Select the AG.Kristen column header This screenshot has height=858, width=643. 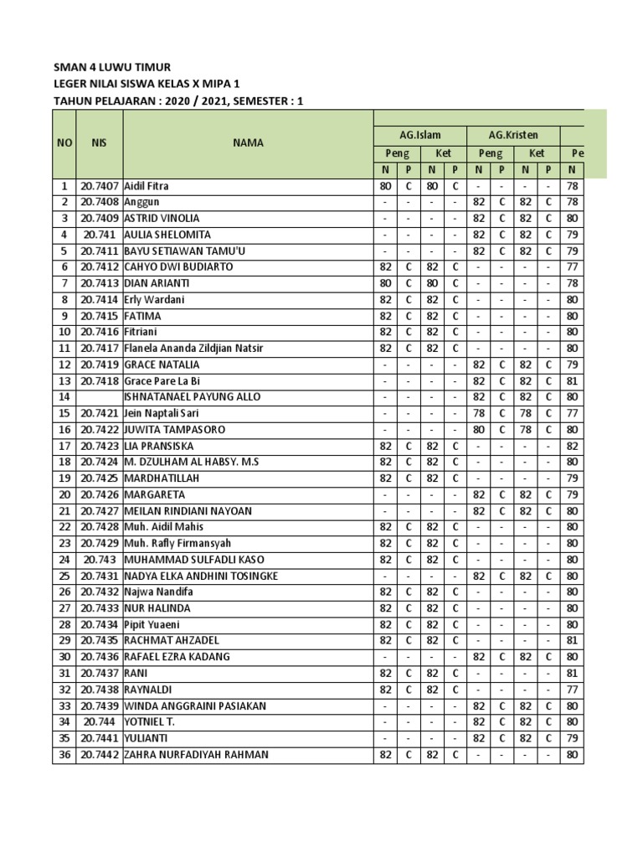(x=513, y=134)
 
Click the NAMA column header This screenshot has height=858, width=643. (x=249, y=143)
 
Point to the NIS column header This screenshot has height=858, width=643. (x=99, y=143)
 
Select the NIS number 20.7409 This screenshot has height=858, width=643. (x=99, y=219)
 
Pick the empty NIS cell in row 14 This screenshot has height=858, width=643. (x=99, y=397)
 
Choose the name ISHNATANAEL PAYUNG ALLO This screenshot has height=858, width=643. (x=192, y=397)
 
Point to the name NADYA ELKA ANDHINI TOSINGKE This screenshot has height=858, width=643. (x=201, y=576)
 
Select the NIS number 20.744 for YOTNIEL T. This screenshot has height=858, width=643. (x=99, y=722)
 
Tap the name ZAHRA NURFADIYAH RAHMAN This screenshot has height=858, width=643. (x=197, y=755)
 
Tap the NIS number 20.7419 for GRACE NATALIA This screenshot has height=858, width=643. (x=99, y=365)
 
